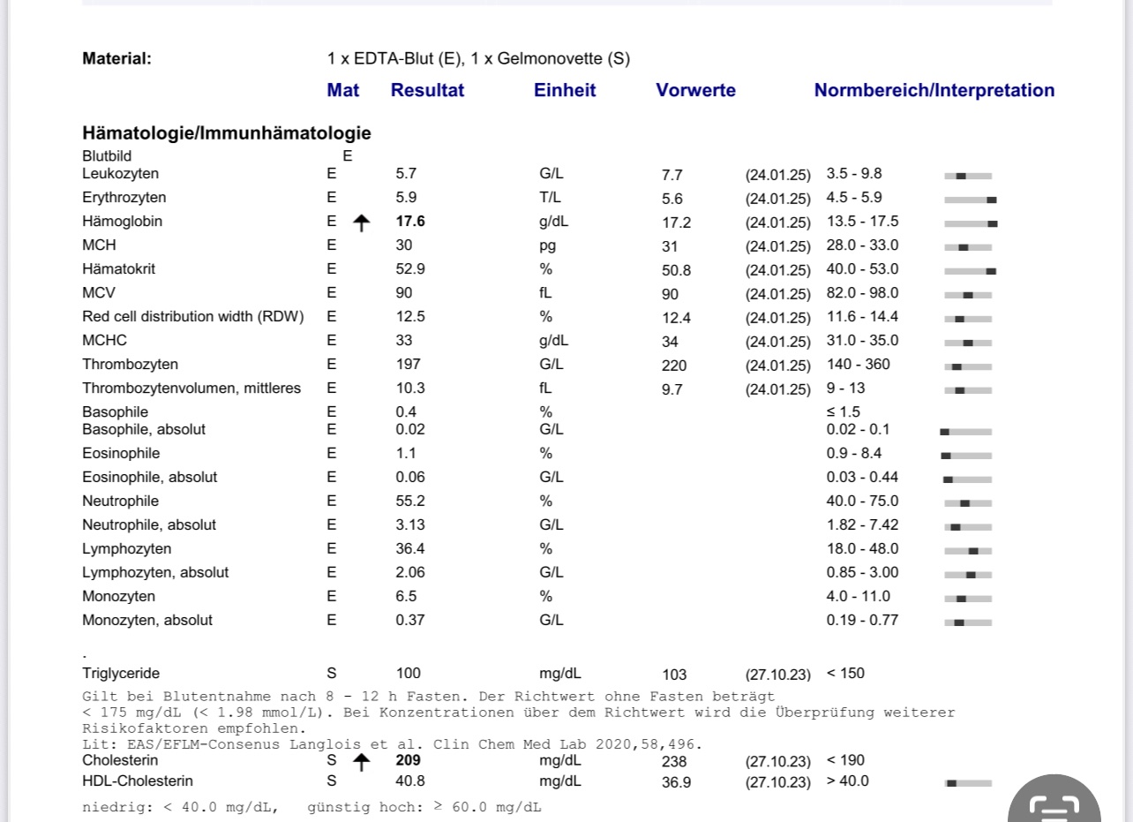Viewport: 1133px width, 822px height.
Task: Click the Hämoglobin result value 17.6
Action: [x=410, y=222]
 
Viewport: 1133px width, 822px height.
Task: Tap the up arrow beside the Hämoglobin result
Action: [x=360, y=223]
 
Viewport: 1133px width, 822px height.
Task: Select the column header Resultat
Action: [x=427, y=90]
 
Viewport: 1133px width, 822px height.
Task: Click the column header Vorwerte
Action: [x=695, y=90]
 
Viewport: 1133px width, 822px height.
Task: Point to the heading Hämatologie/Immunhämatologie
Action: [x=227, y=133]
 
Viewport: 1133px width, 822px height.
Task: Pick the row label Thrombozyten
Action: [x=131, y=365]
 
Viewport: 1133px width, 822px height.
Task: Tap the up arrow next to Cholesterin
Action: [x=360, y=763]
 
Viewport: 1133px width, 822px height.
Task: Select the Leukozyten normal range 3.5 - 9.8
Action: [x=853, y=174]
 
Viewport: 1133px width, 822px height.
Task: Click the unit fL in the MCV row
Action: [x=545, y=293]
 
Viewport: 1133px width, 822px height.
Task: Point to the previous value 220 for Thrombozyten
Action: [x=673, y=366]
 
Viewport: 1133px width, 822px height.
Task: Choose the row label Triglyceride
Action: [x=121, y=674]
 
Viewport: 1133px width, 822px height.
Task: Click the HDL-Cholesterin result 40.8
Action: [x=410, y=781]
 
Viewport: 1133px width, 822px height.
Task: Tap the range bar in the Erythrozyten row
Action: [x=968, y=200]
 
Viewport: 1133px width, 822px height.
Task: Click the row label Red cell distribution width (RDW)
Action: [x=193, y=317]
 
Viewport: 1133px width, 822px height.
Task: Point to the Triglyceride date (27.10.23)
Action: [x=777, y=675]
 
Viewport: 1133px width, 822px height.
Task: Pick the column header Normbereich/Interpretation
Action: [x=934, y=90]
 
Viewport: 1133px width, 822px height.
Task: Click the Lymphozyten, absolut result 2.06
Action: [x=410, y=573]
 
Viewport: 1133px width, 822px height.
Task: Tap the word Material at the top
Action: [x=116, y=59]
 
